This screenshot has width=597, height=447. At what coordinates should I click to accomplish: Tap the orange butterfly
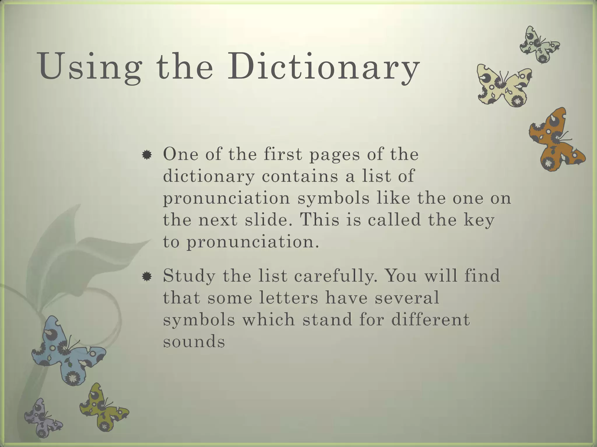[x=555, y=140]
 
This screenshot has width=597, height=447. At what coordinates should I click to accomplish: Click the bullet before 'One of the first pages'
[x=147, y=155]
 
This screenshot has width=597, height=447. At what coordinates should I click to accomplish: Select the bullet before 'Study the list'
[x=147, y=276]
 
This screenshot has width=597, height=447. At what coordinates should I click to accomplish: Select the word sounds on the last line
[x=194, y=341]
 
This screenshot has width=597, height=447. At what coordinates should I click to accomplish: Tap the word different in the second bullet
[x=430, y=320]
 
